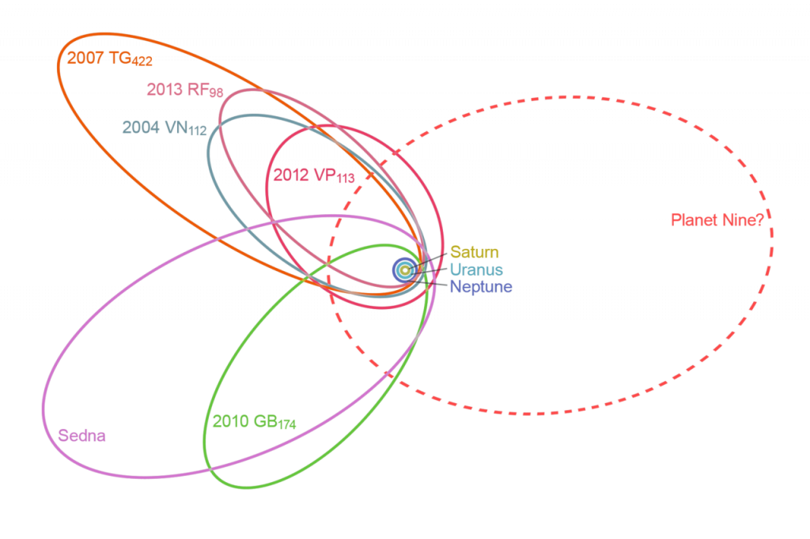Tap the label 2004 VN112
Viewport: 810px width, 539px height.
point(164,127)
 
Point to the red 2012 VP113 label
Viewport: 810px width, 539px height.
point(312,176)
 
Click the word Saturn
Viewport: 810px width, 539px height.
point(475,253)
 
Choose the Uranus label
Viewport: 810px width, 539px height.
point(476,269)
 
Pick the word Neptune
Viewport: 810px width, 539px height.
point(481,286)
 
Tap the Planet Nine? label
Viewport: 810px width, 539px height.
point(717,220)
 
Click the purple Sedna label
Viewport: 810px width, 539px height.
point(83,435)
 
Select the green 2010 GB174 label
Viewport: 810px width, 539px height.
point(254,421)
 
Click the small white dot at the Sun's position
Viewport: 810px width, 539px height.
point(405,270)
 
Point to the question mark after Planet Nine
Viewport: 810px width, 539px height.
point(760,220)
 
